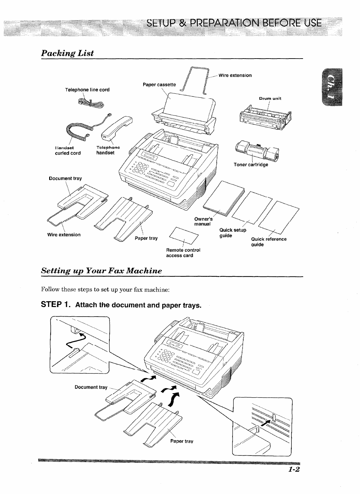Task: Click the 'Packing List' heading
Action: [67, 53]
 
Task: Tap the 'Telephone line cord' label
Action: [87, 90]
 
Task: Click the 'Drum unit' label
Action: [270, 98]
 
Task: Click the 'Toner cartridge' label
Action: [251, 165]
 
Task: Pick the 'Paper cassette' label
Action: [159, 85]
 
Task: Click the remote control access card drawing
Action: [184, 235]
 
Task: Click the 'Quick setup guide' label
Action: [233, 233]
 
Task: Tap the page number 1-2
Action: [293, 469]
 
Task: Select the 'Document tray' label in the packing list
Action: [65, 179]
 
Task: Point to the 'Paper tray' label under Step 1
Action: [182, 441]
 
